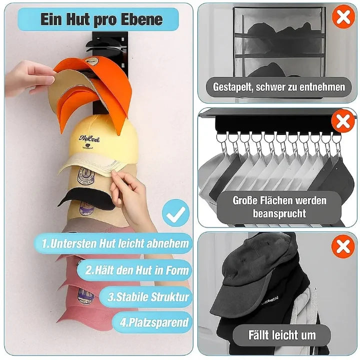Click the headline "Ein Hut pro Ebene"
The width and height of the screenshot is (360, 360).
101,19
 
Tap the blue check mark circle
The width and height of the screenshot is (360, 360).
175,213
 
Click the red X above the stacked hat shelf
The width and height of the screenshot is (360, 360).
343,16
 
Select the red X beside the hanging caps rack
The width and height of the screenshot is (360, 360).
343,121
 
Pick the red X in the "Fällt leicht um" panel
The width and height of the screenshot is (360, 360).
343,246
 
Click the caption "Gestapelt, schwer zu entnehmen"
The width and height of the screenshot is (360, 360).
278,87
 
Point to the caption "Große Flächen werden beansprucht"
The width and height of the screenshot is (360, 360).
279,207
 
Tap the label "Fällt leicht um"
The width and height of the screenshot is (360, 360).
282,335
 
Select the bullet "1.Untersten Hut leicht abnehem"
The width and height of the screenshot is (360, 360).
115,243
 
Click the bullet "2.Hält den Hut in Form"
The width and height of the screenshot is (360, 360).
137,270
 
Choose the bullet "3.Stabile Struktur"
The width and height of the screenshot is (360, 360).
148,296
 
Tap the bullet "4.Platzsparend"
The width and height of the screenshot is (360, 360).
154,322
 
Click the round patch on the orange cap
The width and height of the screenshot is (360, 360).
91,62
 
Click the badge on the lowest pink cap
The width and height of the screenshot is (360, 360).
85,296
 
